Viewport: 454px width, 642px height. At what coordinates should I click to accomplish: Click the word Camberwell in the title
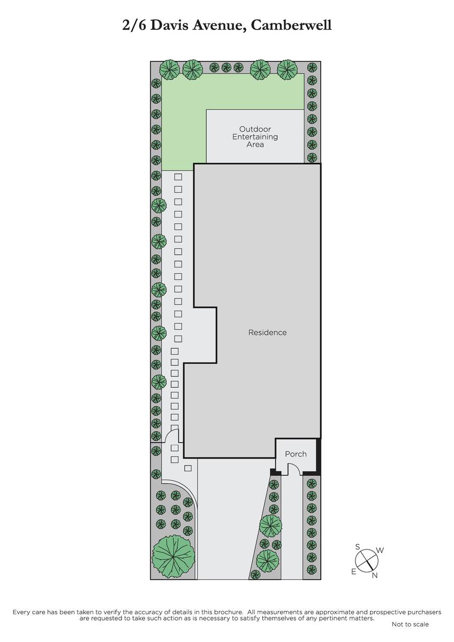click(291, 26)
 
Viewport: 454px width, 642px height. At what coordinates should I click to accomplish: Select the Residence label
click(267, 332)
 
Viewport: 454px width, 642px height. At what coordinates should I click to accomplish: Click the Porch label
click(296, 454)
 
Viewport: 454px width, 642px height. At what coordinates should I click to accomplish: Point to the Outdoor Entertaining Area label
click(255, 137)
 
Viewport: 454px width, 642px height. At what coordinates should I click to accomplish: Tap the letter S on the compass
click(357, 547)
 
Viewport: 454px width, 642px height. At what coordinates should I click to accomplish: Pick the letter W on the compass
click(380, 551)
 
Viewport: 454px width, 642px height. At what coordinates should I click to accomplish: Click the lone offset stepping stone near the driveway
click(188, 468)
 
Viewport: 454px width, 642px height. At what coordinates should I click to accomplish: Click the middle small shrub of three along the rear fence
click(226, 67)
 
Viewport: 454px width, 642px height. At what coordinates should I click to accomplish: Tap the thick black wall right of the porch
click(318, 456)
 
